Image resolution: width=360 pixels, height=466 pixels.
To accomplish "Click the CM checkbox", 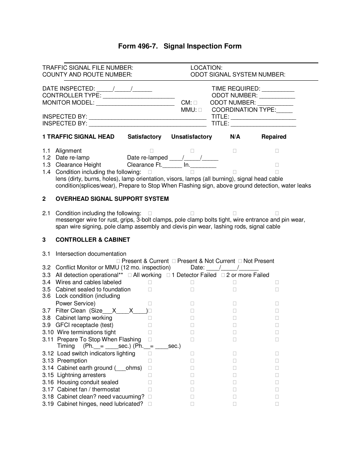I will (195, 103).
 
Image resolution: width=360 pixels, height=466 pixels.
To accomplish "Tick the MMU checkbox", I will (200, 110).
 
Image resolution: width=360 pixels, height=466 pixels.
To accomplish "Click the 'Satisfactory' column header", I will (144, 137).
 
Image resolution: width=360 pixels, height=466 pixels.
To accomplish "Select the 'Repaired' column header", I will (274, 137).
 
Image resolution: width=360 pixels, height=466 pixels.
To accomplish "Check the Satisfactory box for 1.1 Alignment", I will (151, 151).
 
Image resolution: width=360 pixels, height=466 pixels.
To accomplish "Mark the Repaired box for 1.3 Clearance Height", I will (277, 165).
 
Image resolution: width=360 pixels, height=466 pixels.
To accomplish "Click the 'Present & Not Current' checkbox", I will (174, 261).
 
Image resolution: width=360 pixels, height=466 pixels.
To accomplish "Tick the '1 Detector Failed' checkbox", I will (168, 275).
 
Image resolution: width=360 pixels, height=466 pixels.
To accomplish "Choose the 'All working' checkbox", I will (130, 275).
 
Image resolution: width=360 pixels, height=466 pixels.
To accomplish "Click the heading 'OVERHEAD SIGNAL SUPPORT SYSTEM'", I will (112, 199).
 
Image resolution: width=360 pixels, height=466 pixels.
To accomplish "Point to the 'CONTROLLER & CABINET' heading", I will (93, 240).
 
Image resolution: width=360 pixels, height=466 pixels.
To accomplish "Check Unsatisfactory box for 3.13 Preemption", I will (192, 361).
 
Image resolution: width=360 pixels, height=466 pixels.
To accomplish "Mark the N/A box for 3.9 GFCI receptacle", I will (235, 325).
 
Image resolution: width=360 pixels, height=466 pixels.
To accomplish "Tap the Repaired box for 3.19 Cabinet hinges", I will (277, 404).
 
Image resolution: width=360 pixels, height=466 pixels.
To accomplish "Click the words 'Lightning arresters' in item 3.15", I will (81, 375).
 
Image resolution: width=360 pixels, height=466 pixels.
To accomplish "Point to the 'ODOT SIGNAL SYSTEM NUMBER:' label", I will (238, 75).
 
